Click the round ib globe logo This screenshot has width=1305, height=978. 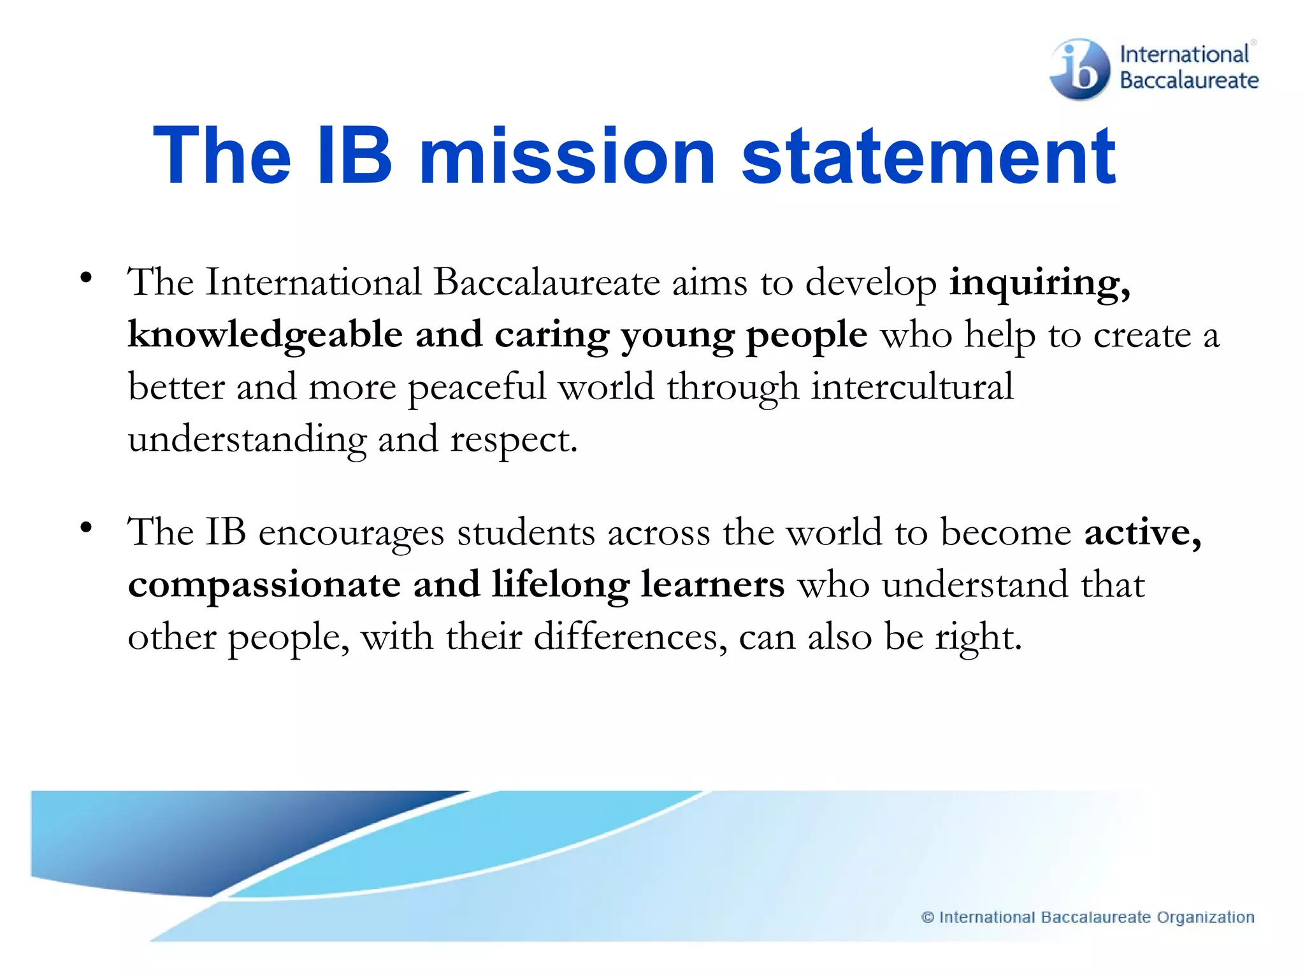click(1080, 69)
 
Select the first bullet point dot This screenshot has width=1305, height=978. click(86, 278)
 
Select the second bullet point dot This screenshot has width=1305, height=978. click(86, 528)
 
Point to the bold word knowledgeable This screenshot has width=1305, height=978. click(265, 336)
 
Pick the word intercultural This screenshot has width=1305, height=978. click(912, 386)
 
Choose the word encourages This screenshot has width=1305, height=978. click(351, 534)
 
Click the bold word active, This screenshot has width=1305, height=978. click(1143, 532)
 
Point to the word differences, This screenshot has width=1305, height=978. click(630, 637)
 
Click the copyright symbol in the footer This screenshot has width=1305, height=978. click(928, 918)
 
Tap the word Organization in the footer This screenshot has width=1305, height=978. click(1206, 918)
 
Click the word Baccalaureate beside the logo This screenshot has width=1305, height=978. click(1189, 81)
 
